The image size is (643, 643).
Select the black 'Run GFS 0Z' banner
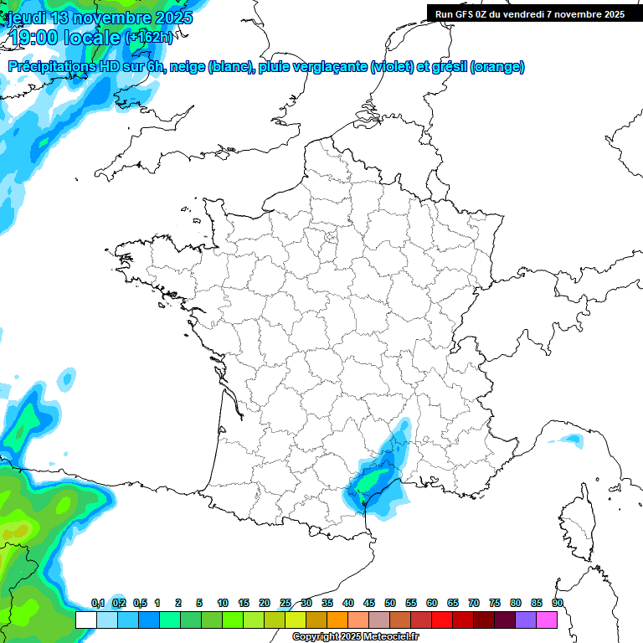tap(529, 13)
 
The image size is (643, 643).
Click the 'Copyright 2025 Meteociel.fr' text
tap(355, 636)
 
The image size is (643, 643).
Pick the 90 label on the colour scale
tap(558, 603)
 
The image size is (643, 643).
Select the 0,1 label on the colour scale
tap(98, 603)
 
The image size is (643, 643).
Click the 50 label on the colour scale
tap(390, 603)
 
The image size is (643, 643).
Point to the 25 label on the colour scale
tap(285, 603)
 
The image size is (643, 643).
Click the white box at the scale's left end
tap(85, 620)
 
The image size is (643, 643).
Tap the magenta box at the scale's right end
tap(547, 620)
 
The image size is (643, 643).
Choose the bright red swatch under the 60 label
tap(442, 620)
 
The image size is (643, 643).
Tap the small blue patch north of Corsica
tap(572, 439)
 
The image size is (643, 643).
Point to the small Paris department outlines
tap(330, 240)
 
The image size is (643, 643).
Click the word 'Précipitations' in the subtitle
tap(52, 67)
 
